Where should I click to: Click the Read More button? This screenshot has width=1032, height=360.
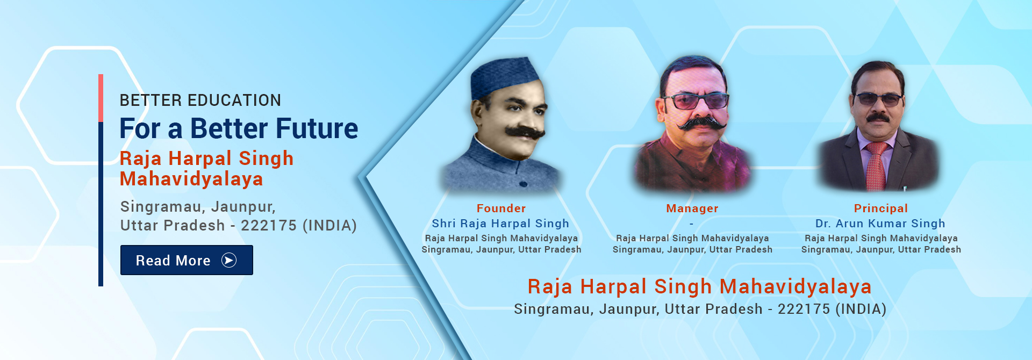point(186,260)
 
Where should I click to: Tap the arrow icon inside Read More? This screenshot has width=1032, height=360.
point(229,260)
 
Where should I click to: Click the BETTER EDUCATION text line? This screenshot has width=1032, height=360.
point(200,100)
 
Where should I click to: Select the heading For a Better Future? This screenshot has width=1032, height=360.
point(238,129)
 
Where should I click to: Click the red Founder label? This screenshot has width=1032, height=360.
point(501,208)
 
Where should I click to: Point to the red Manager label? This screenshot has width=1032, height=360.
point(692,208)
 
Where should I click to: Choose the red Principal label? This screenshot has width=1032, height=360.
point(880,208)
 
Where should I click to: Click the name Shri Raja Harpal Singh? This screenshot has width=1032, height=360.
point(500,224)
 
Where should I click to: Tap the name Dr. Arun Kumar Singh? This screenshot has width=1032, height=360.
point(880,224)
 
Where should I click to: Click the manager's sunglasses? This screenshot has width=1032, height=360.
point(696,100)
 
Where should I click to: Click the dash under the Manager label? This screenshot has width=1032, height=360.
point(691,224)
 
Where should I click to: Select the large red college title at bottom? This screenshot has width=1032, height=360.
point(699,287)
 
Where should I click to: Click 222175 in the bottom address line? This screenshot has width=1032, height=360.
point(804,309)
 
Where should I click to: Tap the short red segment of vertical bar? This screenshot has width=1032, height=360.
point(101,98)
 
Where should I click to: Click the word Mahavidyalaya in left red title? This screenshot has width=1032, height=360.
point(191,179)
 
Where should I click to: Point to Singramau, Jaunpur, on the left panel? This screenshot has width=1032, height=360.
point(198,207)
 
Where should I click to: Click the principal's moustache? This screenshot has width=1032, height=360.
point(878,117)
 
